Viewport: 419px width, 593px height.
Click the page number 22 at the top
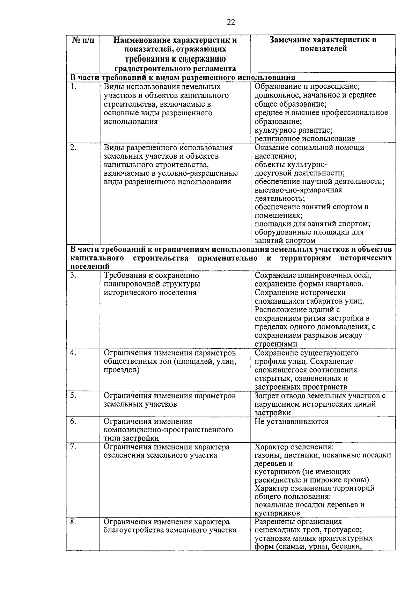pyautogui.click(x=231, y=23)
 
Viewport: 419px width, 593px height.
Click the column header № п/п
pyautogui.click(x=83, y=40)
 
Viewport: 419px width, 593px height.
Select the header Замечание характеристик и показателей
pyautogui.click(x=323, y=44)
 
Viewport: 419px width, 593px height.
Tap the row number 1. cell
pyautogui.click(x=73, y=87)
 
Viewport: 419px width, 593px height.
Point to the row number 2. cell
pyautogui.click(x=73, y=147)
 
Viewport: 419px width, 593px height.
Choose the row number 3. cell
pyautogui.click(x=73, y=275)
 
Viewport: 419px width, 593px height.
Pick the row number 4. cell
pyautogui.click(x=73, y=353)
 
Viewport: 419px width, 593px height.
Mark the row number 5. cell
pyautogui.click(x=73, y=396)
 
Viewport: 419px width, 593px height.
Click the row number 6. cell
pyautogui.click(x=73, y=421)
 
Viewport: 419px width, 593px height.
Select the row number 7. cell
pyautogui.click(x=73, y=447)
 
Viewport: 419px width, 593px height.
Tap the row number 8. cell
pyautogui.click(x=73, y=522)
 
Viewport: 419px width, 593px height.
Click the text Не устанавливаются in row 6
pyautogui.click(x=292, y=422)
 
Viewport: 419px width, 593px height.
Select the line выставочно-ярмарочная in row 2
pyautogui.click(x=298, y=190)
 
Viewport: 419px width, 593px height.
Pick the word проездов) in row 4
pyautogui.click(x=122, y=370)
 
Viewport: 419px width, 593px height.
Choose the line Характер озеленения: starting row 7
pyautogui.click(x=294, y=447)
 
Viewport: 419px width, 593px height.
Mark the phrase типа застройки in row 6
pyautogui.click(x=131, y=439)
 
